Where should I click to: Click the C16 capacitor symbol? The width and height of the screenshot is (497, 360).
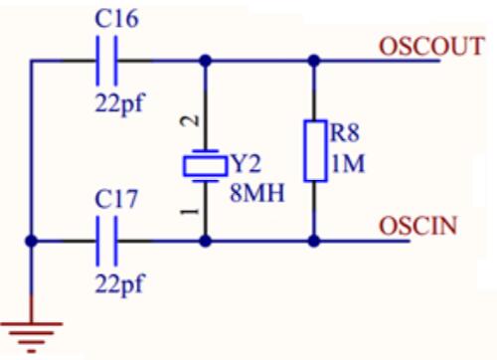point(106,61)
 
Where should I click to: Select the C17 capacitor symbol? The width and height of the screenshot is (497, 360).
point(106,241)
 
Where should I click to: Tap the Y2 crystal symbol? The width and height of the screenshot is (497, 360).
point(206,166)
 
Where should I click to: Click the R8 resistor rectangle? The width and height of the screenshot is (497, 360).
point(315,151)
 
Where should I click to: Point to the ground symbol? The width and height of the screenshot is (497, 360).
point(31,336)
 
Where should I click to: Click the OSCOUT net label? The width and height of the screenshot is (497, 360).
point(431,46)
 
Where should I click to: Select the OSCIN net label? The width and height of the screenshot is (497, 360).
point(417,226)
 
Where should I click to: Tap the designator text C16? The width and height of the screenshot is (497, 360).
point(116,18)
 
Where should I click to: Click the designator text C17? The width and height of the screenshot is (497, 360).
point(116,199)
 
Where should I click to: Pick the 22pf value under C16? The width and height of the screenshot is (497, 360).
point(120,103)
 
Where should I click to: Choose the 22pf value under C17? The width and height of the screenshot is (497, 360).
point(120,284)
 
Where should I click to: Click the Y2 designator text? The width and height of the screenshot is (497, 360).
point(247,164)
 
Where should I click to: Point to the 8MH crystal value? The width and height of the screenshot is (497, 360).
point(257,193)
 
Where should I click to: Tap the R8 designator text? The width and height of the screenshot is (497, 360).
point(345,133)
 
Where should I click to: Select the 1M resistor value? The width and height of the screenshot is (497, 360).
point(348,163)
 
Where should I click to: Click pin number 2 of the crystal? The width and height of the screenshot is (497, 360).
point(190,120)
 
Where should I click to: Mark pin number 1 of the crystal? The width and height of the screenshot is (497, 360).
point(190,211)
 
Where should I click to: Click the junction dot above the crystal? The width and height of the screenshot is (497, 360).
point(206,61)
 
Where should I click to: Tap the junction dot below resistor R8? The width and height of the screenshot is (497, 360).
point(314,241)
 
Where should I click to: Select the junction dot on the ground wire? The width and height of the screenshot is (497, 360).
point(31,241)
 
